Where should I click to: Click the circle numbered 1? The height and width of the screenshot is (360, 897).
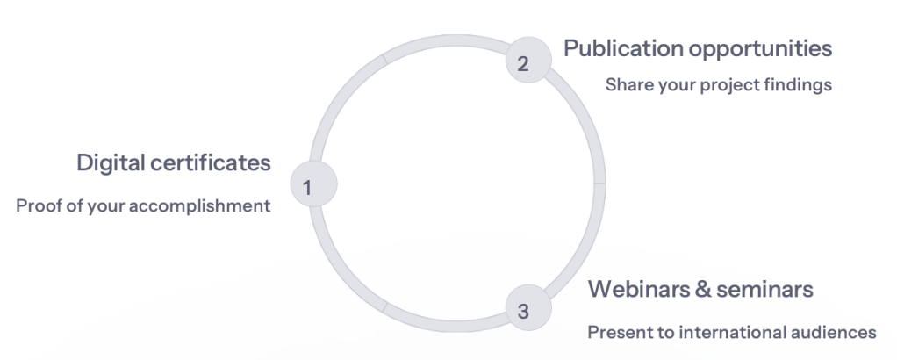coord(313,185)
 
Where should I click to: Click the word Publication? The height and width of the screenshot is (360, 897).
coord(621,48)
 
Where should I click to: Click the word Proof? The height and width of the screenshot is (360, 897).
coord(37,207)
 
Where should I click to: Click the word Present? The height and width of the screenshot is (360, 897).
coord(615,333)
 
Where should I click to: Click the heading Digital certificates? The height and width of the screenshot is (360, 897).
coord(173,163)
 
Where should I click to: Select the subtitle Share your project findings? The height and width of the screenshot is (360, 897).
coord(718,86)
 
